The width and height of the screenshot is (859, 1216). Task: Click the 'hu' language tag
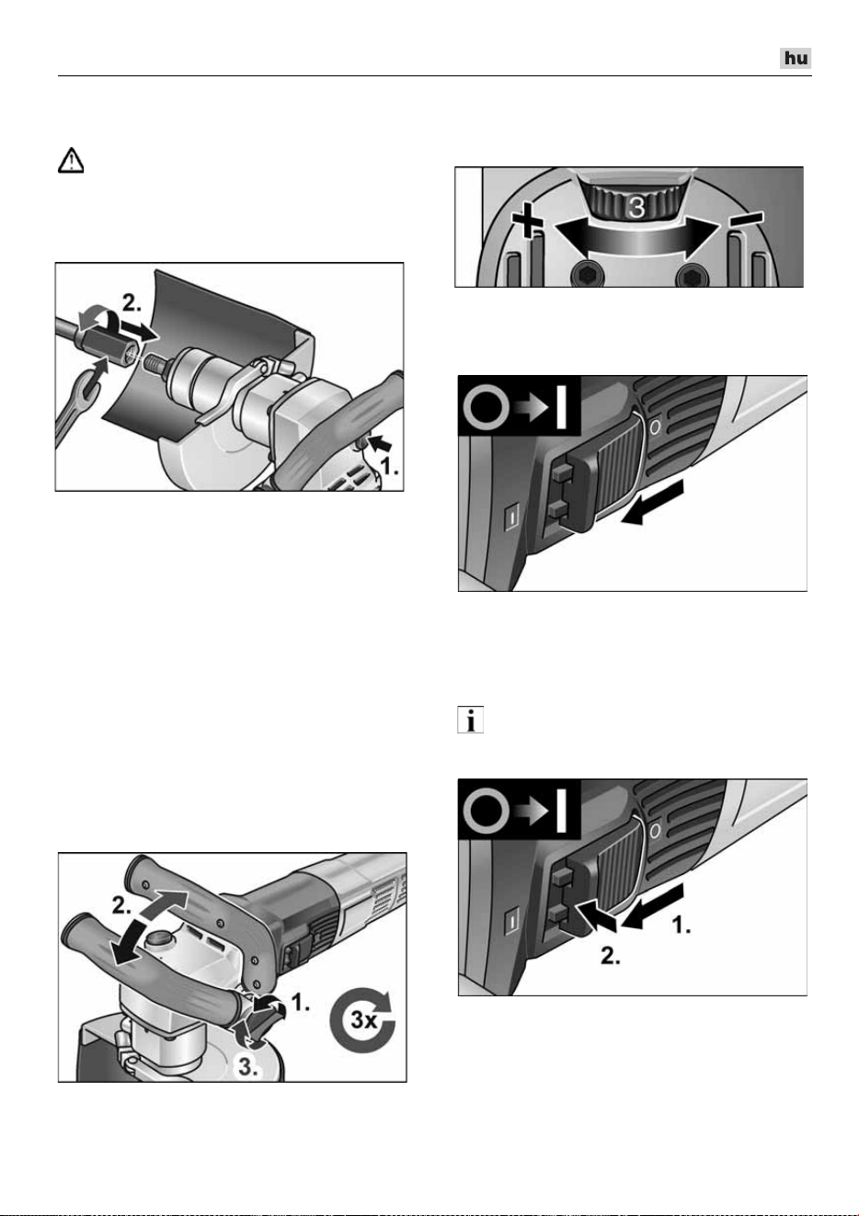[x=796, y=58]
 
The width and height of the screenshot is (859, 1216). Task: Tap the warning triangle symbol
[x=71, y=161]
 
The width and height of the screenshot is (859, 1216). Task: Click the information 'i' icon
[x=471, y=720]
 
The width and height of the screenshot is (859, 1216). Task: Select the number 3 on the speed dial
[x=636, y=207]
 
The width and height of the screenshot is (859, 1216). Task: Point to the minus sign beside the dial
[x=746, y=218]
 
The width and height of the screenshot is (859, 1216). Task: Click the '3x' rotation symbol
[x=363, y=1019]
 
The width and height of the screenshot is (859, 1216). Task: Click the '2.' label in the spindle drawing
[x=131, y=302]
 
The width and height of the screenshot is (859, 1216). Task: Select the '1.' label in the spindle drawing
[x=389, y=466]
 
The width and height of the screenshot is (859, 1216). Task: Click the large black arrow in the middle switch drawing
[x=652, y=504]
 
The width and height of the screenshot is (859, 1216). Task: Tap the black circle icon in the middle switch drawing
[x=487, y=407]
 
